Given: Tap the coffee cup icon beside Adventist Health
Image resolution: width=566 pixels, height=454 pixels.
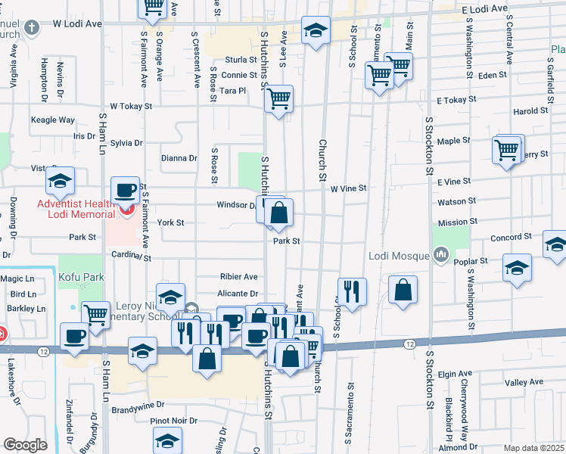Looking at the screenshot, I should pos(125,190).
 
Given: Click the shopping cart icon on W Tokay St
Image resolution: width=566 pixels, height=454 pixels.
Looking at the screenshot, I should pos(279,98).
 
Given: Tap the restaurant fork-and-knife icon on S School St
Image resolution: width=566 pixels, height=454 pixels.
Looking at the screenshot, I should pos(353,291).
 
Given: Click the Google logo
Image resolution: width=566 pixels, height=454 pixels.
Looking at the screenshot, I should pos(25,445).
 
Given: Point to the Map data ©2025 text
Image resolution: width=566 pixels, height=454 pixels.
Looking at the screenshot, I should pos(533,448).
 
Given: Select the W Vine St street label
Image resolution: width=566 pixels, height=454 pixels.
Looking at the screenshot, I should pos(348,188).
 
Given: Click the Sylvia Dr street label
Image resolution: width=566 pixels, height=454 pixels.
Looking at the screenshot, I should pos(126,143).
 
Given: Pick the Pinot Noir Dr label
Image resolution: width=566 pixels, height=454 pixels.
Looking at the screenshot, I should pos(173,421).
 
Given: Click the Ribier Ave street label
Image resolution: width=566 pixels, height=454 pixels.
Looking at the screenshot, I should pos(238,277).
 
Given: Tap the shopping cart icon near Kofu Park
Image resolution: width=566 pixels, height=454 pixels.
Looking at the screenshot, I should pos(95,314).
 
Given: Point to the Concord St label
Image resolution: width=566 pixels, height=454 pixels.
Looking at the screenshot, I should pos(506,238).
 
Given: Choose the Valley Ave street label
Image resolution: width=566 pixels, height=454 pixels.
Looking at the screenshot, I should pos(525,383).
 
